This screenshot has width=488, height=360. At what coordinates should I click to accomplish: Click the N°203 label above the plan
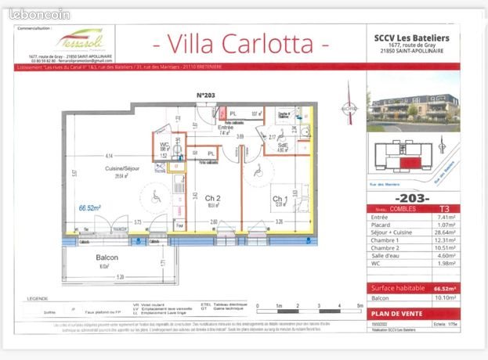click(206, 95)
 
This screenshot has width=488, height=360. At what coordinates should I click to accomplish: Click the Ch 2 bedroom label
click(211, 199)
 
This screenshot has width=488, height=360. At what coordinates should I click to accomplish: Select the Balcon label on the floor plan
click(107, 258)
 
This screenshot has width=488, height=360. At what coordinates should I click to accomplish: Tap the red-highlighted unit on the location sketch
click(407, 163)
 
